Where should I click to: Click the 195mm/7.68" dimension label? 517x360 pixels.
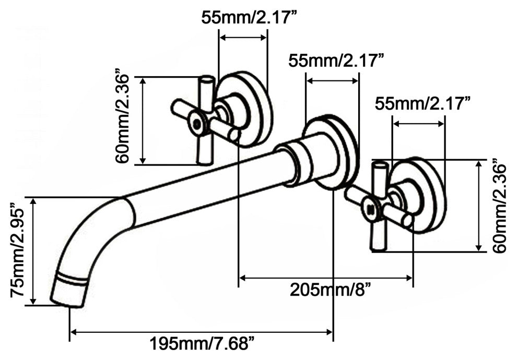pyautogui.click(x=202, y=343)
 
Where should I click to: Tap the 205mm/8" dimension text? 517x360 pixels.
pyautogui.click(x=331, y=290)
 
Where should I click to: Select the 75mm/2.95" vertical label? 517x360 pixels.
pyautogui.click(x=17, y=252)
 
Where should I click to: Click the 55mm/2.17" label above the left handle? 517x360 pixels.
pyautogui.click(x=248, y=17)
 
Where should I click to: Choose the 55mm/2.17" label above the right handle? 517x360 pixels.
pyautogui.click(x=422, y=104)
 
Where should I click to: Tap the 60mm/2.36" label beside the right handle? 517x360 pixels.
pyautogui.click(x=499, y=206)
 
